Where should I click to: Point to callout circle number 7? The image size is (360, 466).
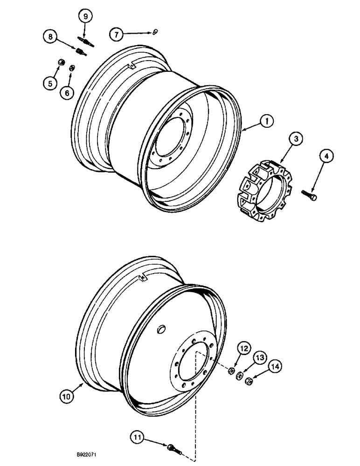(116, 34)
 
